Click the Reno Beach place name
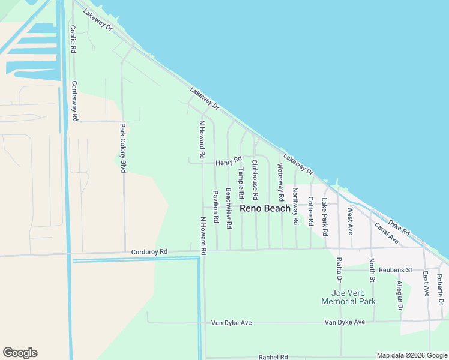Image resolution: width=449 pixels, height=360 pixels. [265, 208]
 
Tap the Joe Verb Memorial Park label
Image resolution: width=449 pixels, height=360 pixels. [348, 296]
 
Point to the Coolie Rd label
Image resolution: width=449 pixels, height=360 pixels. [73, 40]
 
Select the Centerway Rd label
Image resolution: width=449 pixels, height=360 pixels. [75, 101]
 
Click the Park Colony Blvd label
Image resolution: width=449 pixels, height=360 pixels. [122, 148]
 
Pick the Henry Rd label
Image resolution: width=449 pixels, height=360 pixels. [228, 161]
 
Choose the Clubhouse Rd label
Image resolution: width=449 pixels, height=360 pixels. [255, 179]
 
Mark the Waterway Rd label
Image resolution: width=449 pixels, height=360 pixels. [281, 183]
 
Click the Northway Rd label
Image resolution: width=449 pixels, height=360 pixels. [295, 206]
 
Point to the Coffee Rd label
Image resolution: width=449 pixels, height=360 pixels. [310, 211]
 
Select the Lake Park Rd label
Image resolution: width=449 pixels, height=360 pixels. [325, 217]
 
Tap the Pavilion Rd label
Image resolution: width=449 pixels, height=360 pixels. [215, 208]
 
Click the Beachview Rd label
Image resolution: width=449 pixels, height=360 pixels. [229, 208]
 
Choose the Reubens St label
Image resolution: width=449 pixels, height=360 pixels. [396, 269]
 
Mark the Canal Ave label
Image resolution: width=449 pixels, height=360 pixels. [387, 233]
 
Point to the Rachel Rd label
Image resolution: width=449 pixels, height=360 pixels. [274, 357]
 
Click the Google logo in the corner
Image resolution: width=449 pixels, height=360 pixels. [20, 353]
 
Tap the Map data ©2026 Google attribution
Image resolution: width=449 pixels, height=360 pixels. [412, 356]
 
